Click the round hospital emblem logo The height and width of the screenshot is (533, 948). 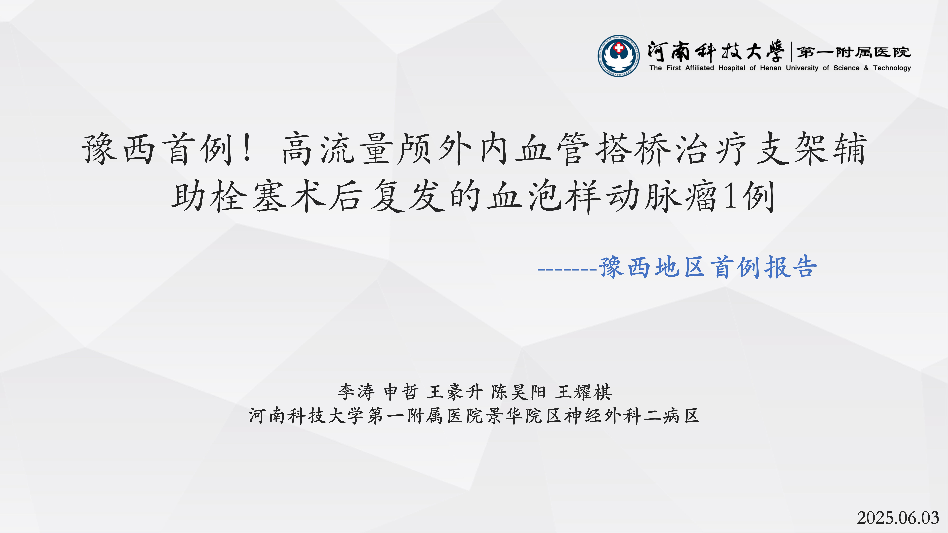click(x=618, y=56)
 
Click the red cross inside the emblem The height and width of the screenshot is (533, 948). click(x=619, y=47)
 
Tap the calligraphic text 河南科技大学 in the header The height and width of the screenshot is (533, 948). click(x=715, y=52)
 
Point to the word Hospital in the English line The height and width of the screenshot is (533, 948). click(x=732, y=68)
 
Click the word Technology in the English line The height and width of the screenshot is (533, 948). click(x=892, y=68)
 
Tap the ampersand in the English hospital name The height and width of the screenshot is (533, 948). click(x=866, y=68)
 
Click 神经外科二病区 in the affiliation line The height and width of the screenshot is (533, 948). click(x=631, y=416)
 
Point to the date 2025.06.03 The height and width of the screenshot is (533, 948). click(x=898, y=518)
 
